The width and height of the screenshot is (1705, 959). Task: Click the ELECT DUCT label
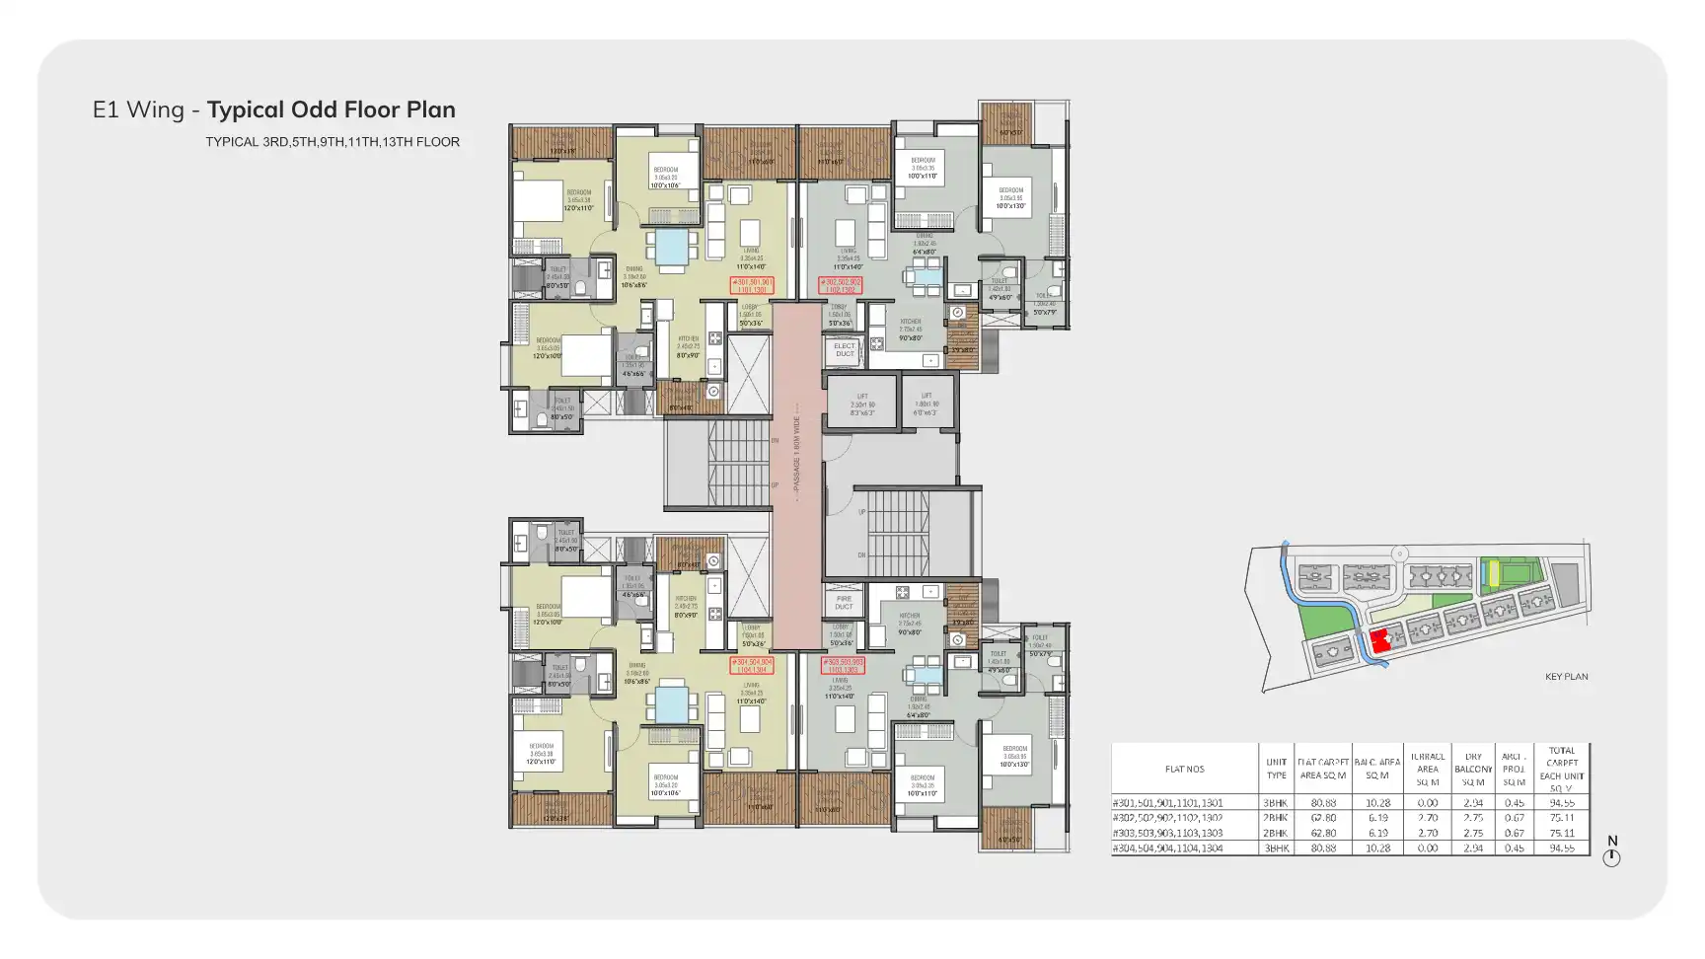pos(845,350)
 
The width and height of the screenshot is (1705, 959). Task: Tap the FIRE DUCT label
pos(844,603)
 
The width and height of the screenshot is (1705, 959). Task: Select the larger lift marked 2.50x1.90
pos(861,404)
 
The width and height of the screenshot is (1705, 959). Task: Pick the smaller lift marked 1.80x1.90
pos(927,403)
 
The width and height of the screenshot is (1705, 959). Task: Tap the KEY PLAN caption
pos(1566,677)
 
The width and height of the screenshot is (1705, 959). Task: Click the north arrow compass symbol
pos(1611,856)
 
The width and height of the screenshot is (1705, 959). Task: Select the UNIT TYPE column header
pos(1276,769)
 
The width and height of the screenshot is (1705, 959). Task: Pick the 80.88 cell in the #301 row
pos(1323,803)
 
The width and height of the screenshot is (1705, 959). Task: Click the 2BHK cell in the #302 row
pos(1276,818)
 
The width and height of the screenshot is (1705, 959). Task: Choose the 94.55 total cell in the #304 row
pos(1562,848)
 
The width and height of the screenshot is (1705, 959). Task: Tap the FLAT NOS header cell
pos(1184,769)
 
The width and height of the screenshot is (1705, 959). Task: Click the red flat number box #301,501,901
pos(752,286)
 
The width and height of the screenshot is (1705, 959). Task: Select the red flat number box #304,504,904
pos(752,665)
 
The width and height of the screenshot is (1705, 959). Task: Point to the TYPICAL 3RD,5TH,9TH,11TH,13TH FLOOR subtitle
pos(333,142)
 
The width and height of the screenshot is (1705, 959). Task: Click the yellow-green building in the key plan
pos(1493,572)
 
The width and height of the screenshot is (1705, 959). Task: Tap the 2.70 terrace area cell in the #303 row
pos(1427,833)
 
